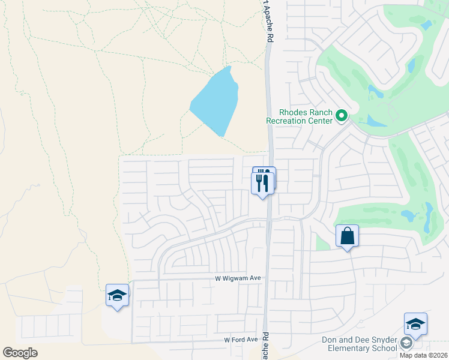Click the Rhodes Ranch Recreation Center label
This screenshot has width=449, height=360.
300,116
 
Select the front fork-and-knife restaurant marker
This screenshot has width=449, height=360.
263,182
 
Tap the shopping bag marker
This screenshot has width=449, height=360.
348,236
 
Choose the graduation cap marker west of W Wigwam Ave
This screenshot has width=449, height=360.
118,295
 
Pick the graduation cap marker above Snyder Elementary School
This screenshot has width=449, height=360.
415,324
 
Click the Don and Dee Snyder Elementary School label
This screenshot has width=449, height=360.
358,344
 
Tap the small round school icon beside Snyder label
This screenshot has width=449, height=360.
406,343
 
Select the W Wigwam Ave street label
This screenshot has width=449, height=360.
238,278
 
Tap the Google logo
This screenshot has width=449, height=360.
20,352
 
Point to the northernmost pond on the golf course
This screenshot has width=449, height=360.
427,25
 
